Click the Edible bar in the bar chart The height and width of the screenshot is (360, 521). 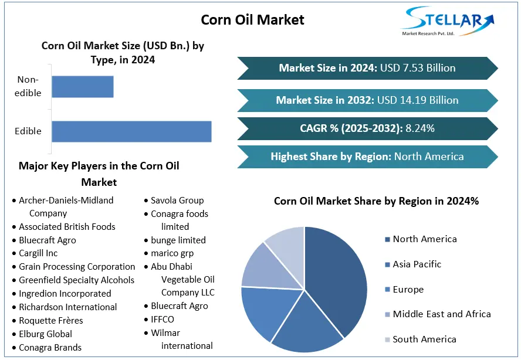point(131,131)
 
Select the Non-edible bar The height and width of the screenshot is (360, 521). point(83,87)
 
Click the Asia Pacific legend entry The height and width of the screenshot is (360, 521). point(417,264)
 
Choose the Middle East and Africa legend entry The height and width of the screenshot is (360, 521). point(441,314)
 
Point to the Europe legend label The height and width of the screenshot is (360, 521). point(408,290)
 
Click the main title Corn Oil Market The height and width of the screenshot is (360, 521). point(252,20)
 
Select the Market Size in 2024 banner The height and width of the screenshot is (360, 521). point(367,68)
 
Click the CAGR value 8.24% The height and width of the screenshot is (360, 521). point(420,128)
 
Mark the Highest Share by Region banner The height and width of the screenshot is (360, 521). point(367,157)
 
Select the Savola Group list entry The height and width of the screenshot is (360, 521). point(177,201)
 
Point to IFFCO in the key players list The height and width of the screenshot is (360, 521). point(163,320)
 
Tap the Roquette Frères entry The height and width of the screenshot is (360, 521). point(51,321)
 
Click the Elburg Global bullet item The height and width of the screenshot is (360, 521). point(46,334)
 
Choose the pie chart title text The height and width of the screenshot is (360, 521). point(376,201)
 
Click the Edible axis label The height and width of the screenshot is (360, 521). point(28,131)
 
